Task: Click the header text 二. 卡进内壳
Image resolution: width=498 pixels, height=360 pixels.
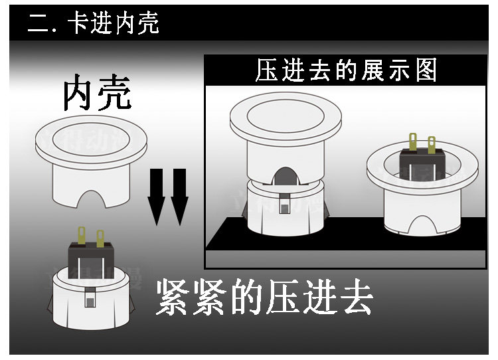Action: pyautogui.click(x=93, y=24)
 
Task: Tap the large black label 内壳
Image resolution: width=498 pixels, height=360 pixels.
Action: pyautogui.click(x=97, y=95)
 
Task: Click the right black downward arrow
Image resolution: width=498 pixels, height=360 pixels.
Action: pyautogui.click(x=179, y=197)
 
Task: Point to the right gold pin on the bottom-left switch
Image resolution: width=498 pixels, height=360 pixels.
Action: pyautogui.click(x=100, y=237)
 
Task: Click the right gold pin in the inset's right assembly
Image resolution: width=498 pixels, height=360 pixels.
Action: pyautogui.click(x=432, y=143)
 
